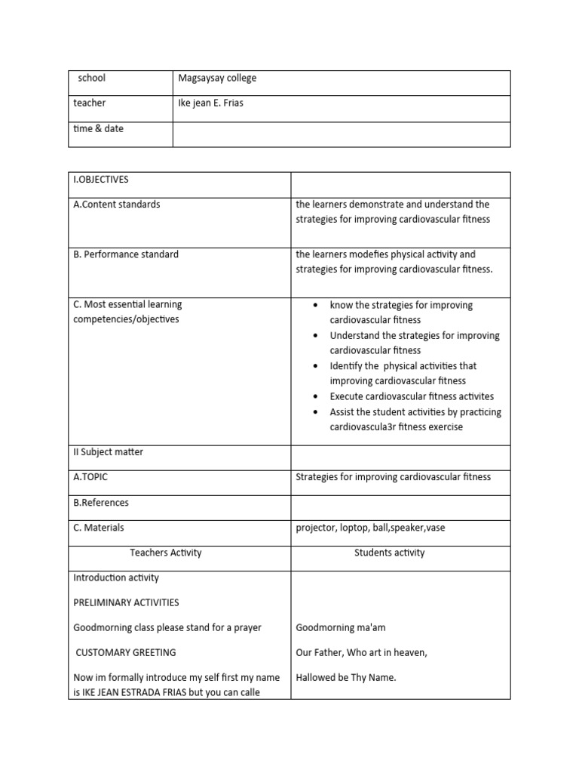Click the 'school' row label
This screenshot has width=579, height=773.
point(91,78)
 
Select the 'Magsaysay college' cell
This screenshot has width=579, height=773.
point(218,78)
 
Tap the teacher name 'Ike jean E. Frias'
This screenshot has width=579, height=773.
point(210,103)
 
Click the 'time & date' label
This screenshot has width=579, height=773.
point(98,129)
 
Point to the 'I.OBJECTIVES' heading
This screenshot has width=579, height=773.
point(101,180)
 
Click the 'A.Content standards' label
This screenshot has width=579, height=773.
point(117,205)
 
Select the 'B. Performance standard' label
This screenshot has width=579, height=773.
point(126,254)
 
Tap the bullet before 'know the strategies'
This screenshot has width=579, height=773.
point(315,306)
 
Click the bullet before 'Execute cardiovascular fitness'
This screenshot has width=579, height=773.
point(315,396)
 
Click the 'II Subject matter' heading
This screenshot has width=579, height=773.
point(108,452)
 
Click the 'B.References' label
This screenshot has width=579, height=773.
point(101,503)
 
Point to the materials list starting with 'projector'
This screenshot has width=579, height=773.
point(370,528)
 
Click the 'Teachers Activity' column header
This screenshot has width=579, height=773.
point(166,553)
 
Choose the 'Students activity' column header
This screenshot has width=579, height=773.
point(389,553)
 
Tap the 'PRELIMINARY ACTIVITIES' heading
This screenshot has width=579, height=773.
point(126,602)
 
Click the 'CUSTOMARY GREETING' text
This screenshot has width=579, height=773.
point(126,652)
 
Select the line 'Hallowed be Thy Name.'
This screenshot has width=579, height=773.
point(346,678)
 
